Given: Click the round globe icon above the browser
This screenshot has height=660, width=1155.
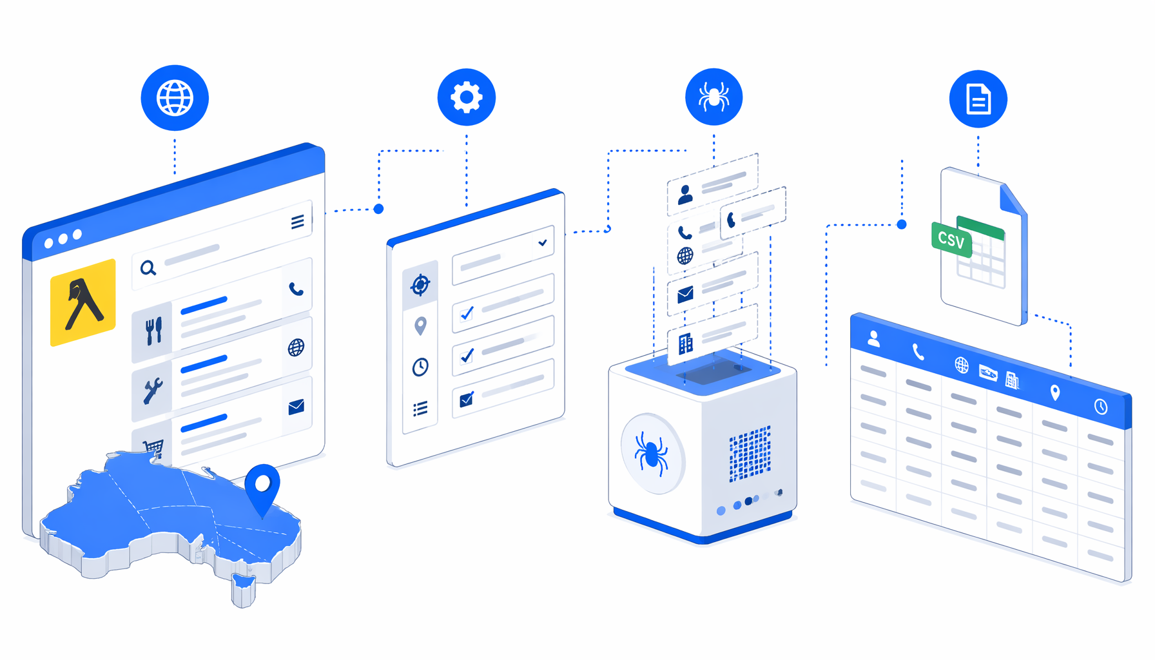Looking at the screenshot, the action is tap(175, 98).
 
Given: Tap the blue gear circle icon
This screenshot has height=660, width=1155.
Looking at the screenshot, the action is tap(466, 97).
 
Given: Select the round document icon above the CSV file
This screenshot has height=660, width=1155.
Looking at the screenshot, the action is tap(978, 99).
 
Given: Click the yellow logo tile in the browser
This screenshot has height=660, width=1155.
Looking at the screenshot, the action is tap(83, 303).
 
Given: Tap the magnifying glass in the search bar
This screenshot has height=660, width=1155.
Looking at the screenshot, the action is tap(148, 268).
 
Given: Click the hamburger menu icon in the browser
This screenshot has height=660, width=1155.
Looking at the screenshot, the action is tap(297, 222).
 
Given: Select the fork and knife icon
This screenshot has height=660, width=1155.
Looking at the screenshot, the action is tap(153, 331).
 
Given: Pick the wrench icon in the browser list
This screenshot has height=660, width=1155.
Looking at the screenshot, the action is tap(153, 390).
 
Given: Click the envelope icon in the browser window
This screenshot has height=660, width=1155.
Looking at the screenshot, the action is tap(296, 407).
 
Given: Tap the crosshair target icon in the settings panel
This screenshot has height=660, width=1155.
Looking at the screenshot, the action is tap(420, 284).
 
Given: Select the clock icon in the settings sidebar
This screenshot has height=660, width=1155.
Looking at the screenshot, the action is tap(420, 367).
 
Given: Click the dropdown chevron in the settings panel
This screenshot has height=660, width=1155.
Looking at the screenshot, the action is tap(543, 242).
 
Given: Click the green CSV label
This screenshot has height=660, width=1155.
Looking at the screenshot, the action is tap(951, 240).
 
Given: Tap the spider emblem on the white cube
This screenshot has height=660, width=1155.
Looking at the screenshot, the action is tap(651, 453).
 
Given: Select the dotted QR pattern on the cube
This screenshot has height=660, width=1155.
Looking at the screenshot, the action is tap(750, 454).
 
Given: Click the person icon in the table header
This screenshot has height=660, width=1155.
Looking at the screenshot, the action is tap(874, 338).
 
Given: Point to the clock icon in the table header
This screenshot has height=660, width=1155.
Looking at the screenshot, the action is tap(1101, 406).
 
